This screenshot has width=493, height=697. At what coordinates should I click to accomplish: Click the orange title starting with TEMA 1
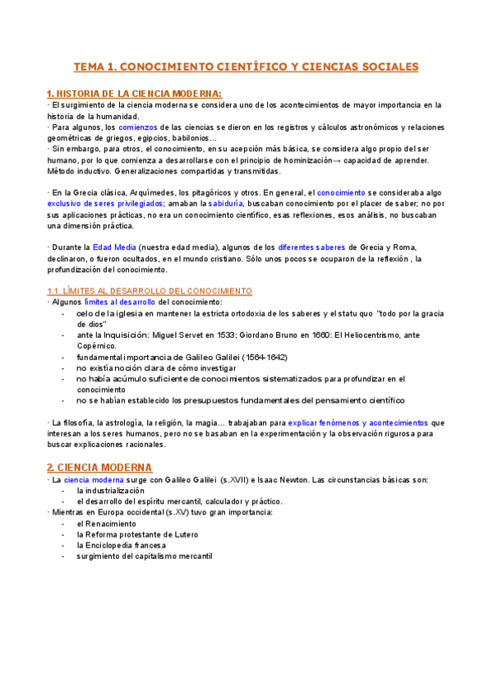click(246, 67)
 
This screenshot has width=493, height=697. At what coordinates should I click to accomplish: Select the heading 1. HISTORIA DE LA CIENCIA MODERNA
click(134, 93)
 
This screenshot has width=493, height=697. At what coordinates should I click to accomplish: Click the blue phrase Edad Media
click(114, 247)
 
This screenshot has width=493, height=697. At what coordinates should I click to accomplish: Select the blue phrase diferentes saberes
click(311, 247)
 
